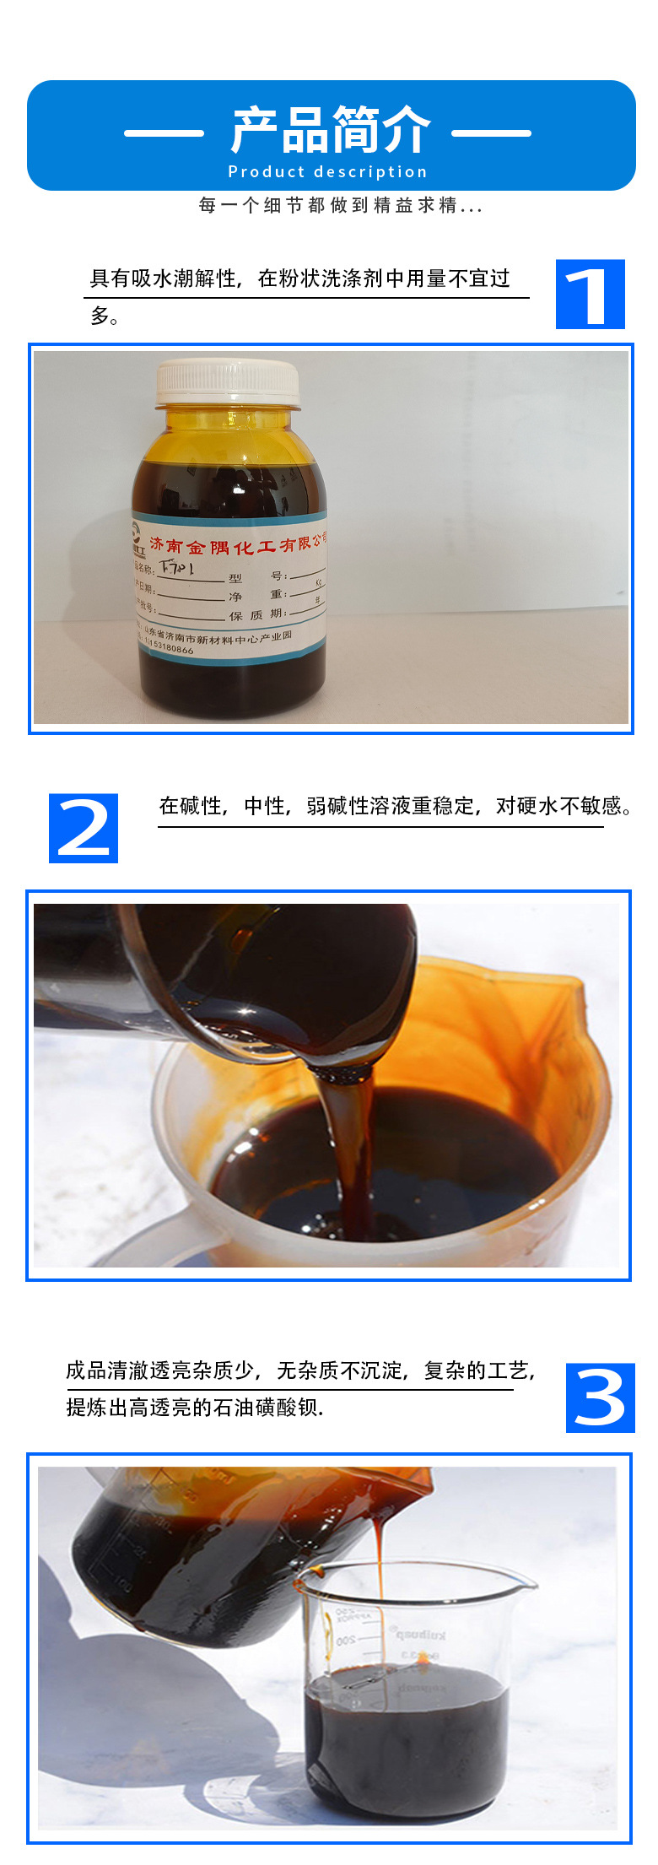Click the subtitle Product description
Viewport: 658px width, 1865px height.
coord(328,172)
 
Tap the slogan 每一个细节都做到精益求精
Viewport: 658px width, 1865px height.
coord(340,205)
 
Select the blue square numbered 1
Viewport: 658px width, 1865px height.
coord(590,295)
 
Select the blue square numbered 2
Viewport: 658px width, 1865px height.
coord(84,828)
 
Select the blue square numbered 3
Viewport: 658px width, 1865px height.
coord(600,1397)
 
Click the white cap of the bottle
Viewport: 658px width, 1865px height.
coord(228,382)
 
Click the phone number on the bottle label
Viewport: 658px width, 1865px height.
coord(169,647)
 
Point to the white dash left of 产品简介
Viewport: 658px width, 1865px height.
coord(164,132)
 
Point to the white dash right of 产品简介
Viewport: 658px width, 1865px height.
coord(491,132)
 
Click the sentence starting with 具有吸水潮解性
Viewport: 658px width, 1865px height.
coord(299,279)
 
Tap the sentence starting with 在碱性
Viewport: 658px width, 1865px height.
coord(395,806)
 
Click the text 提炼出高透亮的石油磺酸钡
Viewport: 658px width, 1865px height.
coord(195,1408)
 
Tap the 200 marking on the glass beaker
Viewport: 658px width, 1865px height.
coord(346,1641)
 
